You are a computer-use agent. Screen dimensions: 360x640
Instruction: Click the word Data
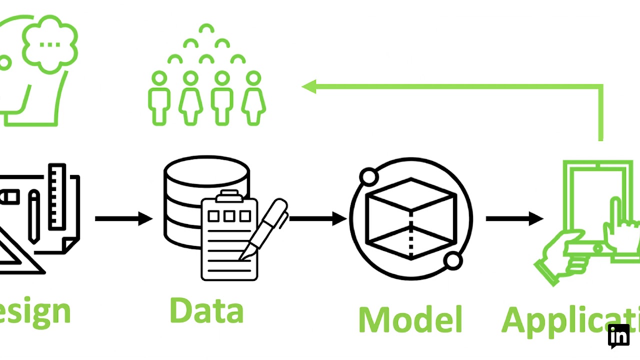click(206, 311)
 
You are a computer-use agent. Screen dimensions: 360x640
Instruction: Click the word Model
click(410, 319)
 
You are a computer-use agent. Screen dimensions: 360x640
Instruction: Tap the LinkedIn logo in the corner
click(618, 336)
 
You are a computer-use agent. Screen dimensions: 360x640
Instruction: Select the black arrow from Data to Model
click(317, 218)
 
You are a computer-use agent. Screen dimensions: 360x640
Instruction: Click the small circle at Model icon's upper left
click(369, 177)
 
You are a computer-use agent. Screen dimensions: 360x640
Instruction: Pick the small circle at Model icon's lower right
click(453, 260)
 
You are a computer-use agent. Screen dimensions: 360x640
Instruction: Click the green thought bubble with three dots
click(50, 44)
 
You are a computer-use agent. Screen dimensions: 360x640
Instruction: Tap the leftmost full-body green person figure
click(159, 97)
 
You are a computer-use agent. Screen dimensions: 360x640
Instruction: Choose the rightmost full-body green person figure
click(254, 97)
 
